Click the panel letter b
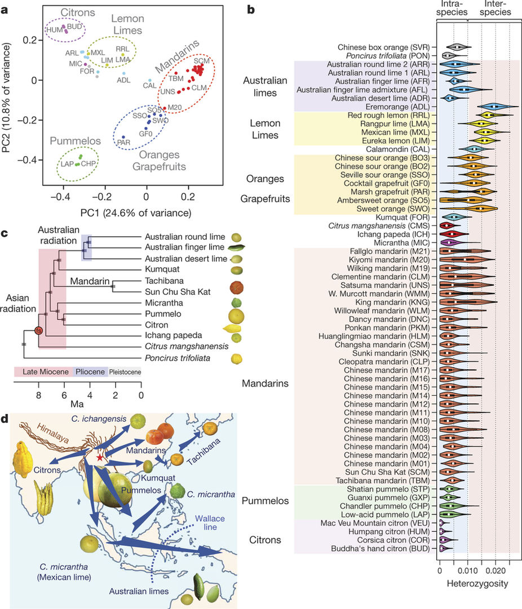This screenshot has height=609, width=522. coord(251,10)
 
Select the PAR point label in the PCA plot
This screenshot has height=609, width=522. coord(123,143)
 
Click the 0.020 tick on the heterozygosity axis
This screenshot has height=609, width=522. coord(496,571)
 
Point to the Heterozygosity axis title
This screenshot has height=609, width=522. coord(474,584)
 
